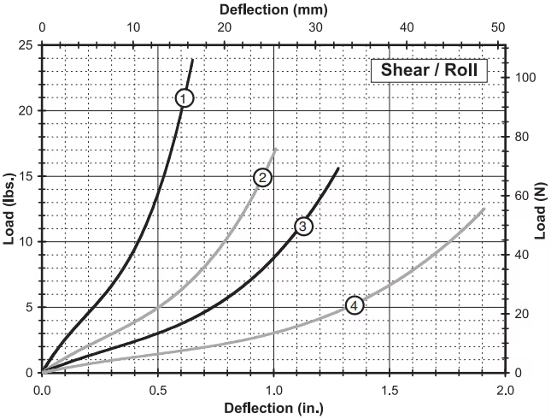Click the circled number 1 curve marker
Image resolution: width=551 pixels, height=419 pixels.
185,97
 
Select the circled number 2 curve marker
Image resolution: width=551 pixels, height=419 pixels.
263,177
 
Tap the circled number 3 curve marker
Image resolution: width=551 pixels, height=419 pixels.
302,226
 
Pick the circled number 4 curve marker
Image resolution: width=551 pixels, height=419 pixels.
355,305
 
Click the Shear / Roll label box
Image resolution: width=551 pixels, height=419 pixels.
428,70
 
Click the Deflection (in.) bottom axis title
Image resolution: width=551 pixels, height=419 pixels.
273,407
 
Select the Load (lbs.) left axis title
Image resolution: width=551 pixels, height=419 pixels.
9,208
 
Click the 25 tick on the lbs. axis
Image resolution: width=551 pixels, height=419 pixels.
26,45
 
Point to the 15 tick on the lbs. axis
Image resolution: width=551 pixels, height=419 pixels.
26,176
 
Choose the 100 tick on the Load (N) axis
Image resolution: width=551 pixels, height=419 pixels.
523,78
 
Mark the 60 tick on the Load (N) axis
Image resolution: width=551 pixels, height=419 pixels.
519,196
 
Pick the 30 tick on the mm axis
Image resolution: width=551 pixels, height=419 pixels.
316,28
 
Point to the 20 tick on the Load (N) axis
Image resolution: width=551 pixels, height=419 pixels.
519,314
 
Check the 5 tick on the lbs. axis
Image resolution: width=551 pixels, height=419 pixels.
30,307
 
